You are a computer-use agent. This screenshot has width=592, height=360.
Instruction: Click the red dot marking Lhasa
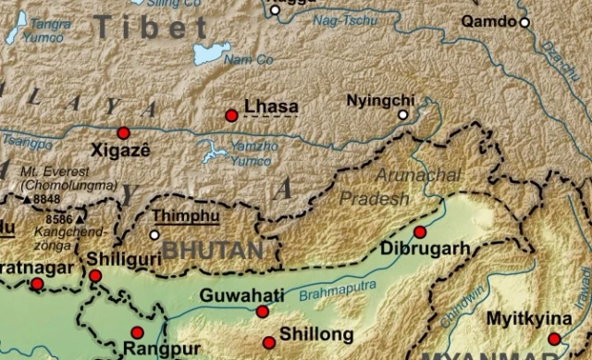pos(231,116)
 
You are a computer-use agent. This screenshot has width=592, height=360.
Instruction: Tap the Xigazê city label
pos(120,149)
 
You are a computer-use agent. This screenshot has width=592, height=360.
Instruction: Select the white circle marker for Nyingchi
pos(402,115)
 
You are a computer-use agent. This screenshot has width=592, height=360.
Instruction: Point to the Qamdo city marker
pos(524,21)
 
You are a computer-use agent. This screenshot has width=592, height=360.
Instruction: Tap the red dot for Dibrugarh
pos(420,231)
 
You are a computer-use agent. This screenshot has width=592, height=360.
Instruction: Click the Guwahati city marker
pos(263,312)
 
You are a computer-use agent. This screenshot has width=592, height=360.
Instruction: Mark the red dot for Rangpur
pos(137,332)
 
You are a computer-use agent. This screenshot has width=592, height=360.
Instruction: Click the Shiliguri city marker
pos(95,276)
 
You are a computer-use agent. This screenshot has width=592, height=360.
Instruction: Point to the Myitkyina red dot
pos(554,340)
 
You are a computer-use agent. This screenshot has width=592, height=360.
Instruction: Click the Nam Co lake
pos(212,53)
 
